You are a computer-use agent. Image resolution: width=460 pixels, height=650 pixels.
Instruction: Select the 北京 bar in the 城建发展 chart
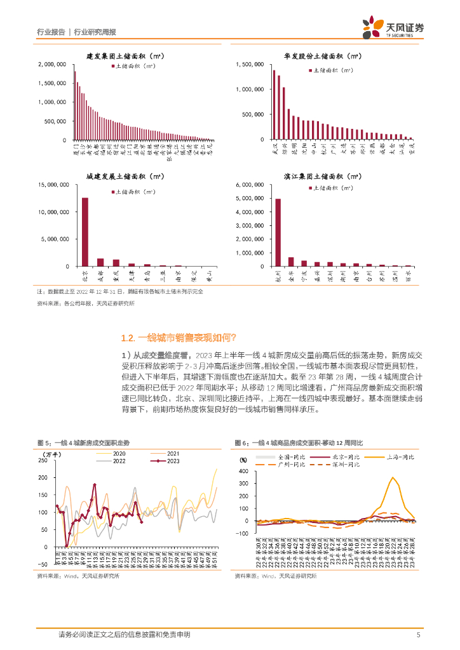[x=85, y=232]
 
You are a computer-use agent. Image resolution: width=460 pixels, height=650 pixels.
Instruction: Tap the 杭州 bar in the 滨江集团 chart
[x=278, y=232]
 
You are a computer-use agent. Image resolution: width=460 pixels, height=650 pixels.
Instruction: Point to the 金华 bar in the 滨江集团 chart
[x=291, y=262]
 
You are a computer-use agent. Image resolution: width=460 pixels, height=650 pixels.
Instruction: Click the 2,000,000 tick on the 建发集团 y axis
[x=53, y=64]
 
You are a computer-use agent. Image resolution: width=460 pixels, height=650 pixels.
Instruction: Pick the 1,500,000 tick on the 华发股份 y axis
[x=249, y=64]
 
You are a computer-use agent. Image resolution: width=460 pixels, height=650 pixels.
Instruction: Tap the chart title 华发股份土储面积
[x=324, y=56]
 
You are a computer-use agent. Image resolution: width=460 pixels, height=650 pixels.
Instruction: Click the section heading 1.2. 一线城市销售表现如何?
[x=179, y=337]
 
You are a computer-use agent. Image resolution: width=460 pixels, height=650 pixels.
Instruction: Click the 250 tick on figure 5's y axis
[x=43, y=460]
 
